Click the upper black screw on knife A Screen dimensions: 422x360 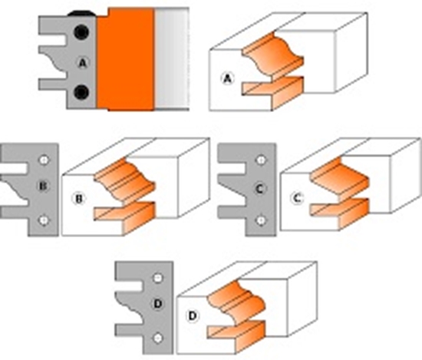[x=81, y=32]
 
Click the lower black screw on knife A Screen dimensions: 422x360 [x=81, y=92]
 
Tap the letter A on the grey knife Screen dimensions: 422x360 [x=83, y=63]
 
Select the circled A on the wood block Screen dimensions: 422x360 [x=228, y=79]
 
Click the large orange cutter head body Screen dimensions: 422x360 [x=125, y=59]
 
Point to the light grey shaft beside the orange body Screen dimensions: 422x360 [x=172, y=58]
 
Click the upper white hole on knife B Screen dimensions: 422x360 [x=44, y=160]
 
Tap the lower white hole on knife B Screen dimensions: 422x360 [x=44, y=220]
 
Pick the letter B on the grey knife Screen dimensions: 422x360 [x=43, y=186]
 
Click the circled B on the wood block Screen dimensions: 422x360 [x=79, y=199]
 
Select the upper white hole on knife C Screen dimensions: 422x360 [x=261, y=160]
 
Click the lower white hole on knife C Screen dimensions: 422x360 [x=261, y=220]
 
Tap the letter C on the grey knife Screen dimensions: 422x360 [x=259, y=189]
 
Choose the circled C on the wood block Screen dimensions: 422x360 [x=297, y=199]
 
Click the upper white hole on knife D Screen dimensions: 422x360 [x=158, y=278]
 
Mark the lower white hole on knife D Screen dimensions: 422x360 [x=158, y=339]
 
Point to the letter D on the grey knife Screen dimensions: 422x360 [x=158, y=304]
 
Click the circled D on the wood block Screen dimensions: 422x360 [x=193, y=315]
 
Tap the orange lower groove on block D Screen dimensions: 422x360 [x=237, y=335]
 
